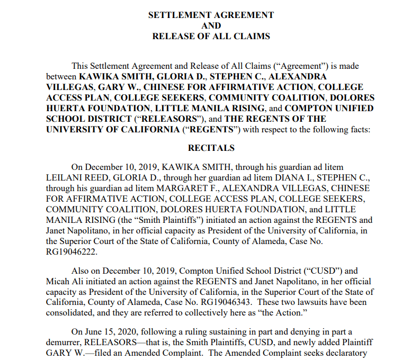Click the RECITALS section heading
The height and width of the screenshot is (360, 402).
tap(211, 148)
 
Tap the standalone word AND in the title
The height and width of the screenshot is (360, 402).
tap(211, 25)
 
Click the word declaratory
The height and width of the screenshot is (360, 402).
tap(347, 353)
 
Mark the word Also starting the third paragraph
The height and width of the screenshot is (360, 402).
tap(82, 271)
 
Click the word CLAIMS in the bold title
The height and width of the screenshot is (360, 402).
tap(252, 36)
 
